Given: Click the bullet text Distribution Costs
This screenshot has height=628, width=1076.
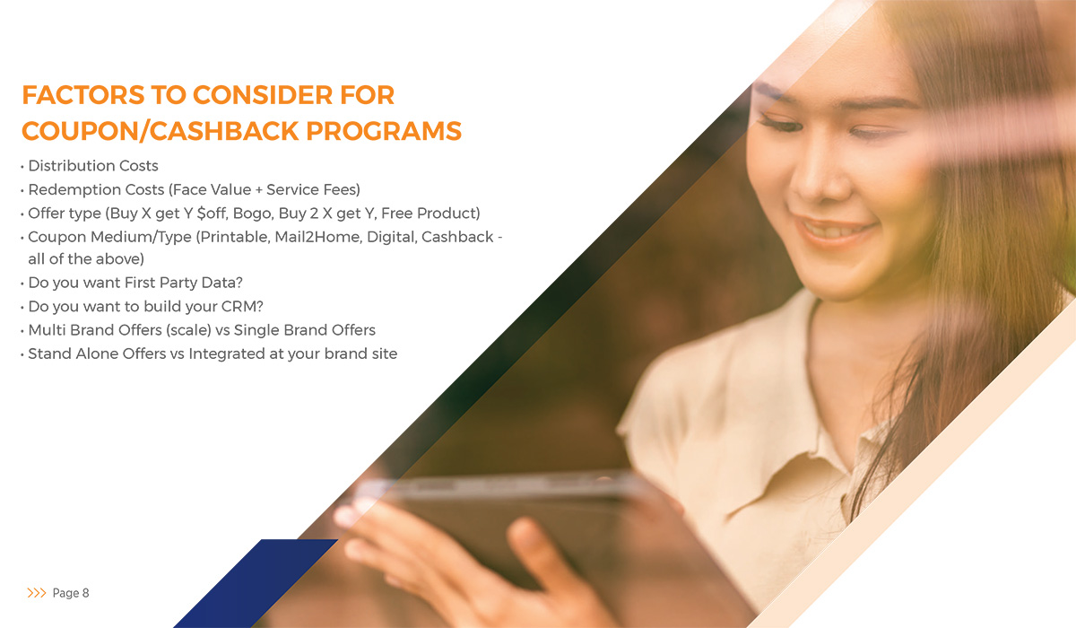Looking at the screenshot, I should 93,166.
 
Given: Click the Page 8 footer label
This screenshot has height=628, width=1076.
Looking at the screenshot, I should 71,593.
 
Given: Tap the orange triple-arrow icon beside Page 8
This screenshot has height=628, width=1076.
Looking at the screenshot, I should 37,593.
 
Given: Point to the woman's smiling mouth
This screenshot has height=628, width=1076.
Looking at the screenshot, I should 834,231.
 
